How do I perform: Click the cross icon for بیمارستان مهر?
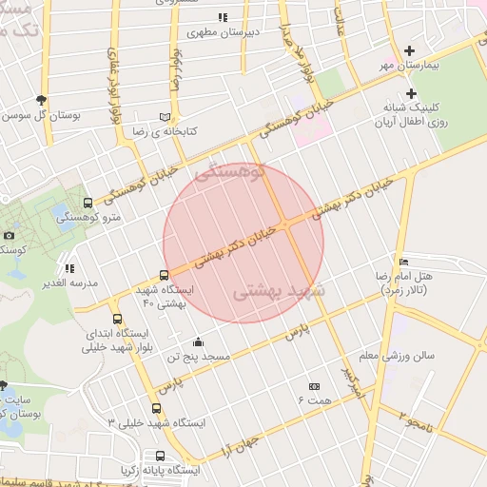pyautogui.click(x=410, y=50)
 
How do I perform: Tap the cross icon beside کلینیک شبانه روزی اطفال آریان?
pyautogui.click(x=411, y=93)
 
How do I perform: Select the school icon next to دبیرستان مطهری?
pyautogui.click(x=223, y=17)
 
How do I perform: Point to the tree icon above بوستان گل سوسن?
pyautogui.click(x=40, y=99)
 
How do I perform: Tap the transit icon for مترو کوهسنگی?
pyautogui.click(x=88, y=203)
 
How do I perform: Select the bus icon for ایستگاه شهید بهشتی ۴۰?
pyautogui.click(x=164, y=275)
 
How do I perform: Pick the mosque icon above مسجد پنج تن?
pyautogui.click(x=198, y=341)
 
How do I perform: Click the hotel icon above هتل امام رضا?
pyautogui.click(x=403, y=262)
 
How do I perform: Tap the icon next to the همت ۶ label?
pyautogui.click(x=315, y=386)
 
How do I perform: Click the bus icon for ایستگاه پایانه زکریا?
pyautogui.click(x=160, y=456)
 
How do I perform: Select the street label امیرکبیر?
pyautogui.click(x=351, y=380)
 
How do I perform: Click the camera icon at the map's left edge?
pyautogui.click(x=9, y=235)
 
